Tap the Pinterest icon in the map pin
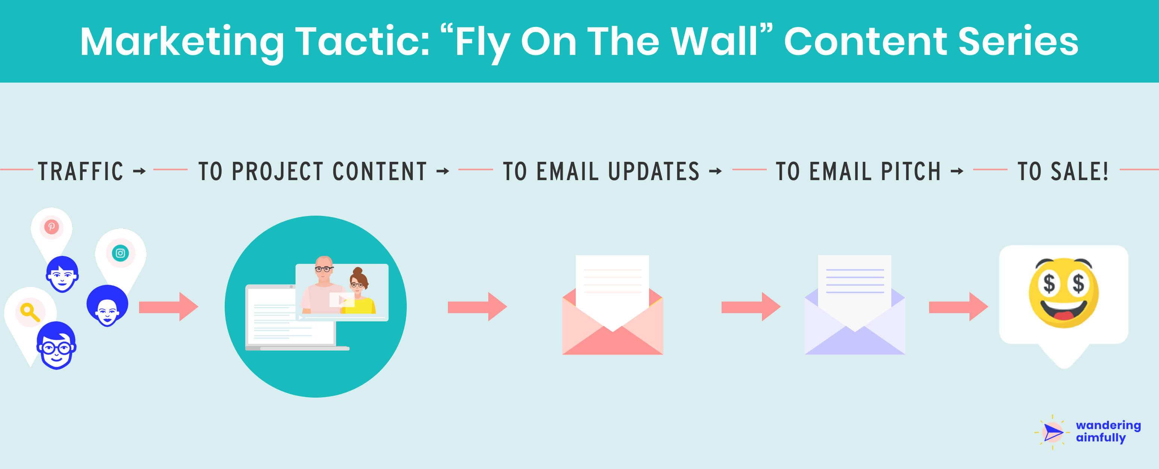[x=51, y=226]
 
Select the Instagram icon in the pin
[x=120, y=253]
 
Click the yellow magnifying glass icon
[x=30, y=312]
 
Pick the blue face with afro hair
[x=107, y=306]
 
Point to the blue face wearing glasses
[x=56, y=346]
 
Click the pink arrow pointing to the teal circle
[x=168, y=307]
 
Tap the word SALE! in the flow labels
[x=1079, y=171]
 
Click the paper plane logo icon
[x=1052, y=433]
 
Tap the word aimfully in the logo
[x=1101, y=438]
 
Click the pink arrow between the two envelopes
[x=750, y=307]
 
